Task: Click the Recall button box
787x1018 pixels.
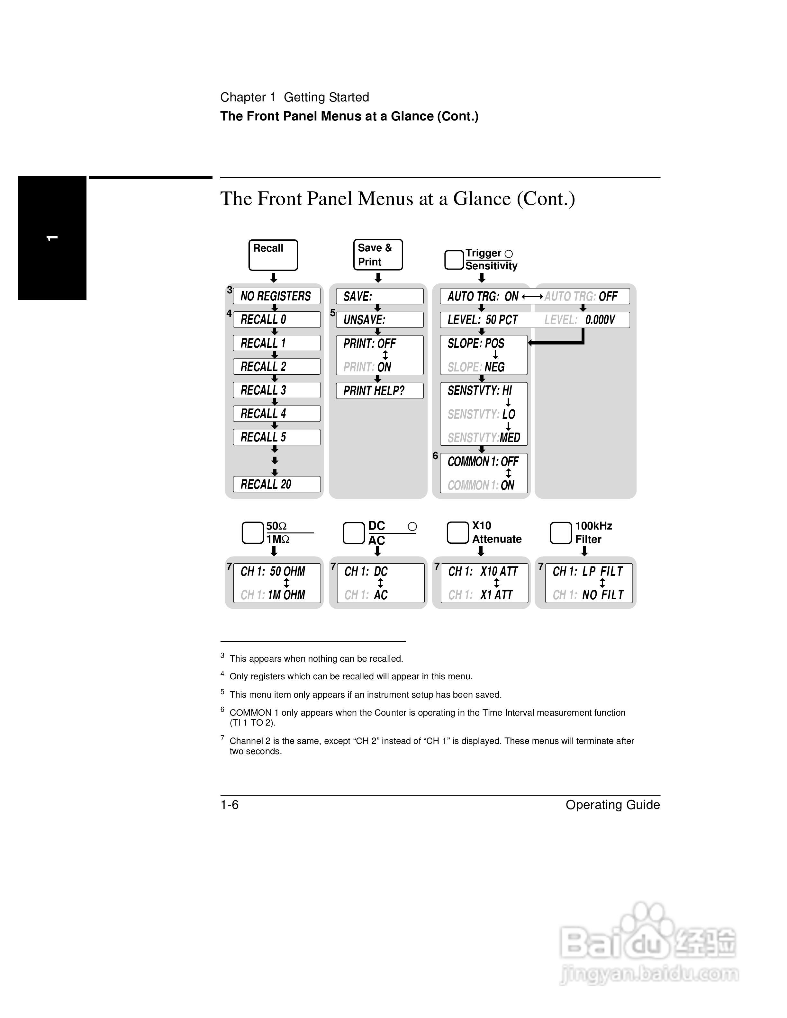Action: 273,255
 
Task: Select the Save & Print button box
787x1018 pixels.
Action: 378,254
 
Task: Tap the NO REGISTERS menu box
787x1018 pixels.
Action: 276,296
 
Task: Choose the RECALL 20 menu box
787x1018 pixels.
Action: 276,484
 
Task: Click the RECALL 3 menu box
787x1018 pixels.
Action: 276,390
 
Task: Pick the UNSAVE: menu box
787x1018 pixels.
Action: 379,320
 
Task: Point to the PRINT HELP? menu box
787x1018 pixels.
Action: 379,391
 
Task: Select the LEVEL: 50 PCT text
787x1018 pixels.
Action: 483,320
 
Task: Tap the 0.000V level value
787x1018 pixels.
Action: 600,320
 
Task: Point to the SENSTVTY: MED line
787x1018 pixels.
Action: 484,438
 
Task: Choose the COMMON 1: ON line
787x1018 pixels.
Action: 481,485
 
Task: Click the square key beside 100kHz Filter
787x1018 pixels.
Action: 560,533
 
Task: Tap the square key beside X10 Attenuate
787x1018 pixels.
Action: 457,533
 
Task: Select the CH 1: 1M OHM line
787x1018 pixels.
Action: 273,595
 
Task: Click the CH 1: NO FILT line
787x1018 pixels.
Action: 588,595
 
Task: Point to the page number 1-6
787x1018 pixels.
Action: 230,805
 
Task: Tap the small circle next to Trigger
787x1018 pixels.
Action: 509,254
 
